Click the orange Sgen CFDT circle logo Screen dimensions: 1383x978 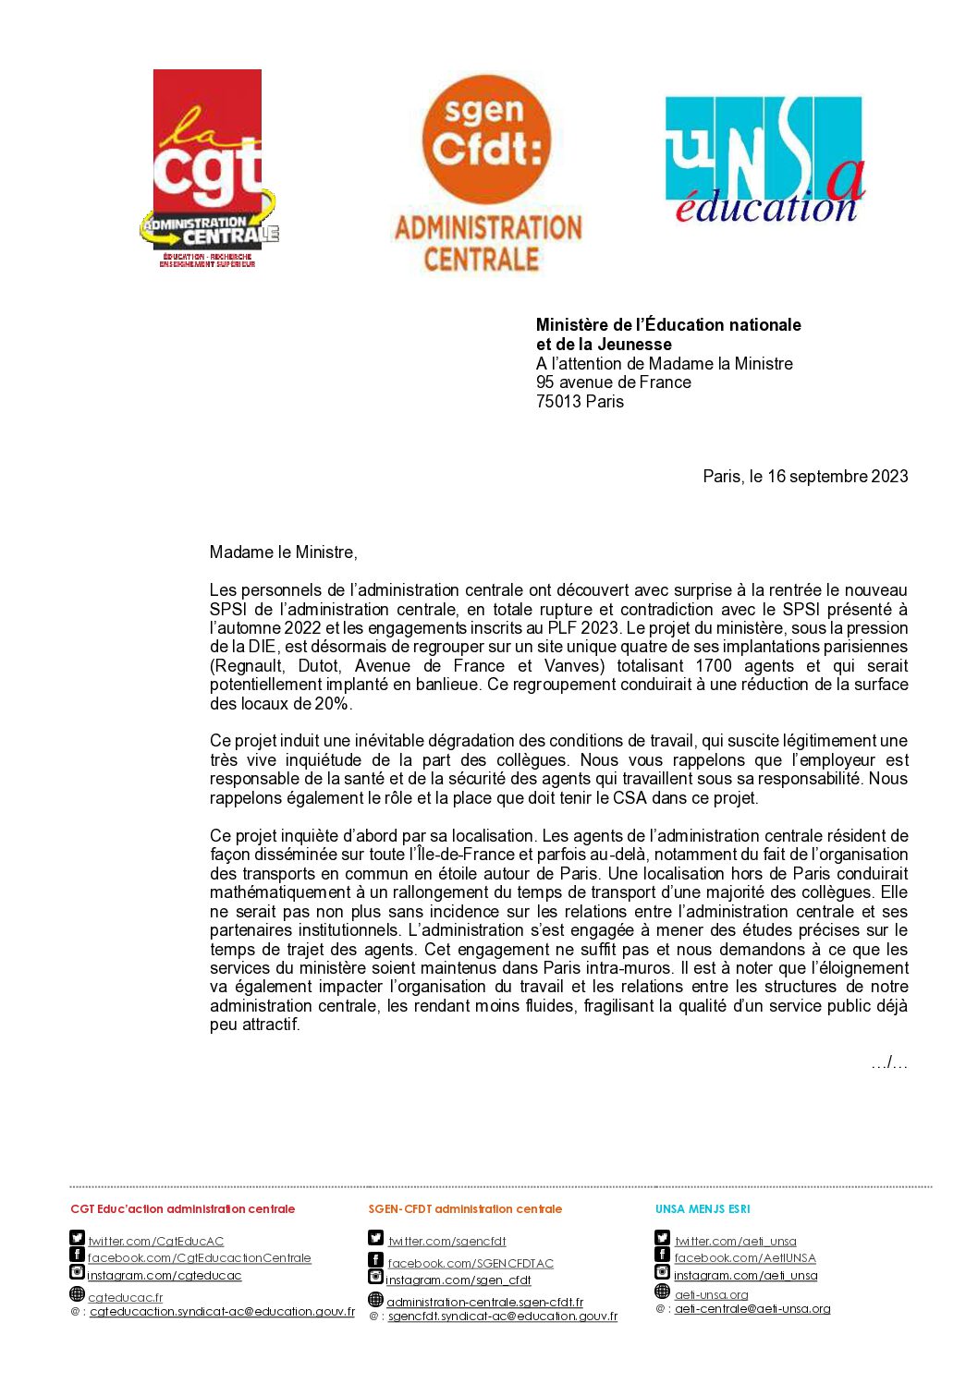pyautogui.click(x=486, y=139)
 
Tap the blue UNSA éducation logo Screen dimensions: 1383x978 pyautogui.click(x=764, y=160)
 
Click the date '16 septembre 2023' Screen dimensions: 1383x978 pyautogui.click(x=837, y=477)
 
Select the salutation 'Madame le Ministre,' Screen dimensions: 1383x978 pyautogui.click(x=283, y=552)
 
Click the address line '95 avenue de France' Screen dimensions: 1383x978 pyautogui.click(x=613, y=382)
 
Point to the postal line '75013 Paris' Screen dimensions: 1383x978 pyautogui.click(x=580, y=402)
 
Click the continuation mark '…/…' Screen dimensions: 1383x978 pyautogui.click(x=888, y=1063)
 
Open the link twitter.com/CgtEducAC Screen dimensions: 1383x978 pyautogui.click(x=156, y=1242)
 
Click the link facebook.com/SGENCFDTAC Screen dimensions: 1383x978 pyautogui.click(x=471, y=1264)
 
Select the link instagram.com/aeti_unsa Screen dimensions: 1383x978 pyautogui.click(x=745, y=1276)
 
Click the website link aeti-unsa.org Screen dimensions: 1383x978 pyautogui.click(x=711, y=1295)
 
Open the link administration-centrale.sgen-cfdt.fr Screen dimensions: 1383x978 pyautogui.click(x=484, y=1303)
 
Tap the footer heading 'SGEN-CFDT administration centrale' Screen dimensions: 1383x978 pyautogui.click(x=465, y=1209)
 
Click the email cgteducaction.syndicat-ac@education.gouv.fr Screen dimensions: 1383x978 pyautogui.click(x=222, y=1312)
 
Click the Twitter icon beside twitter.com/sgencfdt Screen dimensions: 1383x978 pyautogui.click(x=375, y=1238)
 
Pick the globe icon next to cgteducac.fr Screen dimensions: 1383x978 pyautogui.click(x=78, y=1294)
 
